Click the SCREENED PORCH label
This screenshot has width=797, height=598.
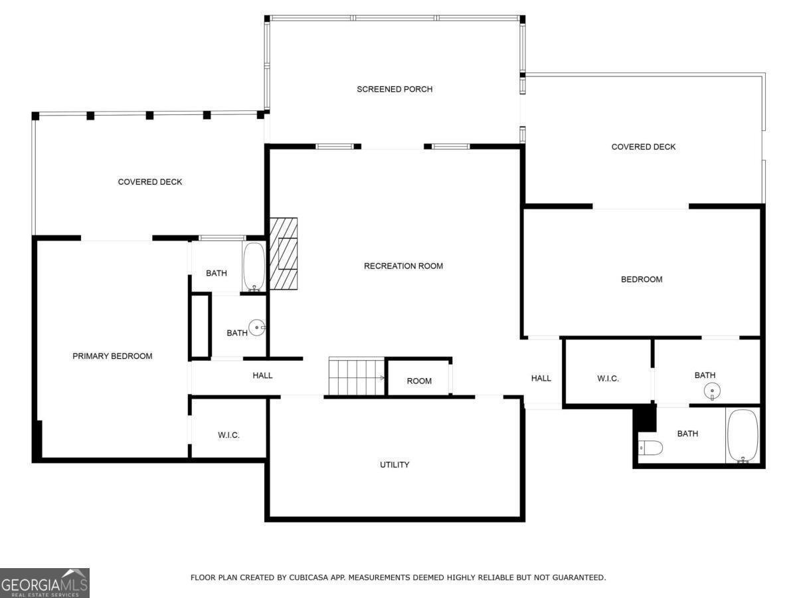pos(395,89)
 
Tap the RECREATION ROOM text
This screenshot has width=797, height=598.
pos(403,266)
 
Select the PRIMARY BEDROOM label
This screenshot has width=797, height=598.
pos(112,356)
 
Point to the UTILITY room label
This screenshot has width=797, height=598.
pos(395,464)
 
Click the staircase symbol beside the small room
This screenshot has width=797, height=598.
pos(357,377)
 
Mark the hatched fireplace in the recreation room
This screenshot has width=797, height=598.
pos(283,254)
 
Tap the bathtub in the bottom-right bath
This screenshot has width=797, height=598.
pos(743,436)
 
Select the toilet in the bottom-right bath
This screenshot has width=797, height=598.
pos(650,448)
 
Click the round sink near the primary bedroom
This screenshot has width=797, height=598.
pos(257,328)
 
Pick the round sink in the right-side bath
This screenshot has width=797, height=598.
pos(712,391)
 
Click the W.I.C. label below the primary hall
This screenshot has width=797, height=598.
pos(228,435)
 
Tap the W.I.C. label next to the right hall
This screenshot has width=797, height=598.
pos(608,379)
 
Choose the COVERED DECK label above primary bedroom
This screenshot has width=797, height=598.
pos(150,182)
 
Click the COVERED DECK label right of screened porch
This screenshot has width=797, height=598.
pos(643,147)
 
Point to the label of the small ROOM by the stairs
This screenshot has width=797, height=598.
pos(419,381)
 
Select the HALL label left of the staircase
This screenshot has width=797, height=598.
pos(262,375)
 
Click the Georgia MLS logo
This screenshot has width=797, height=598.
pos(44,583)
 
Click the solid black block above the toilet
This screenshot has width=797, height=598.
pos(645,418)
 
